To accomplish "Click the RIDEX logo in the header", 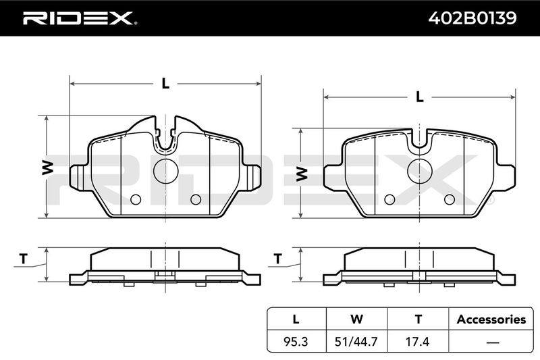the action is pos(80,18).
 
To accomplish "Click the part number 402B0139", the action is pos(472,18).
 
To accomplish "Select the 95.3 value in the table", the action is pos(296,341).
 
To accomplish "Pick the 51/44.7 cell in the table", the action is pos(356,341).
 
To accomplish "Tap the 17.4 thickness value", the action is pos(417,341).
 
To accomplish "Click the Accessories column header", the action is pos(491,319).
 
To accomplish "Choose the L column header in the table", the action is pos(296,319).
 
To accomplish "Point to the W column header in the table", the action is pos(356,319).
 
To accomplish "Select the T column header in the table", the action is pos(418,319).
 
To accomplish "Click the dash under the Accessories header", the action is pos(493,342).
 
